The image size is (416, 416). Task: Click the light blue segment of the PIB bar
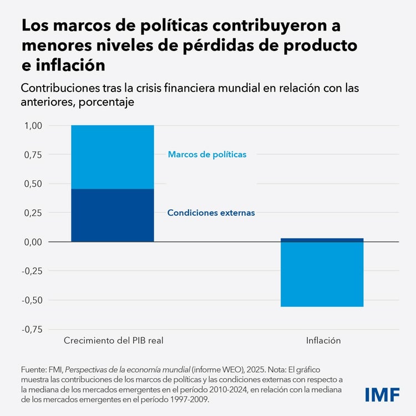pos(113,157)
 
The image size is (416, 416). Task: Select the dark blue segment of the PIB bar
pos(113,215)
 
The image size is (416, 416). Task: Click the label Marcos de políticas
pos(207,155)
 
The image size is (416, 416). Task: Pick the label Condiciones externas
pos(211,212)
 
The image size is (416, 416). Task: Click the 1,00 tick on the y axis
pos(33,126)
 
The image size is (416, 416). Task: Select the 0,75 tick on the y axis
pos(33,155)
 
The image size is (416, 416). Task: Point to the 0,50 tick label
pos(33,184)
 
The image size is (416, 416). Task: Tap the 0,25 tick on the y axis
pos(33,213)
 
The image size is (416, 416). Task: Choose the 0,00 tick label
pos(33,242)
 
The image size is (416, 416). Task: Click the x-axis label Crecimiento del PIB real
pos(113,340)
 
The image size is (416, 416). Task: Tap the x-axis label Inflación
pos(323,340)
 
